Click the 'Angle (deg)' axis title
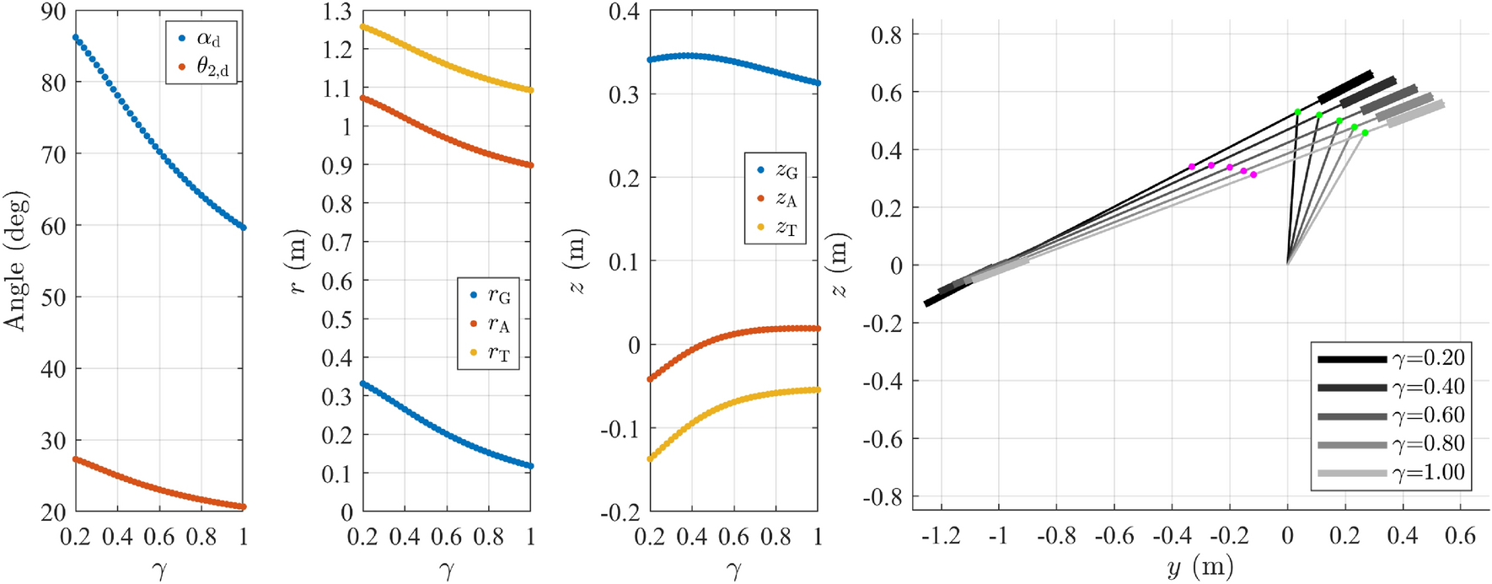[16, 261]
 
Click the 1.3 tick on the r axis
[336, 12]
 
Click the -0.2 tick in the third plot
[620, 512]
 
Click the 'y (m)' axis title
[1200, 567]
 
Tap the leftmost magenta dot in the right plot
[1191, 167]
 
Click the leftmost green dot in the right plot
[1297, 112]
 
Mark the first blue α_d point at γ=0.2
[76, 38]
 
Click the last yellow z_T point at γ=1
[817, 389]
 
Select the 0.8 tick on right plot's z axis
[886, 35]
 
